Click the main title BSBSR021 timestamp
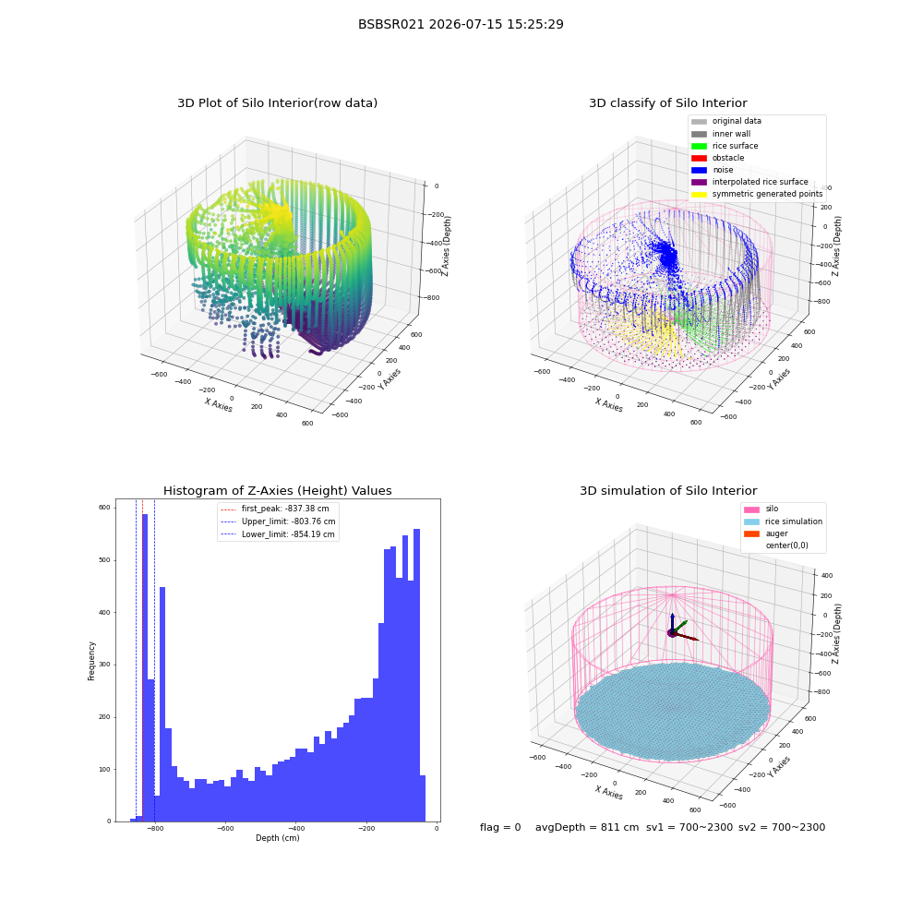461,24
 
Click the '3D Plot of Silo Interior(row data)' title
277,103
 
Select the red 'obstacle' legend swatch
699,158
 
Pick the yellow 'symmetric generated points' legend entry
757,194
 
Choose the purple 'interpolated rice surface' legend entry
749,182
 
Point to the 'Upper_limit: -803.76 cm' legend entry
278,521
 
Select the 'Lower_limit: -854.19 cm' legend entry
277,534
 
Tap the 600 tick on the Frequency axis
104,508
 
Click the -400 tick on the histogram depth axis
296,828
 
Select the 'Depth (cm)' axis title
278,838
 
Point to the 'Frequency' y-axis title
91,661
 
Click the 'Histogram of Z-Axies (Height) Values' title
277,491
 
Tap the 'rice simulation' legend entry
783,521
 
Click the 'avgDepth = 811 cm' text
587,828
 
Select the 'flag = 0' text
500,828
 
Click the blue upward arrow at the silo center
672,623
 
